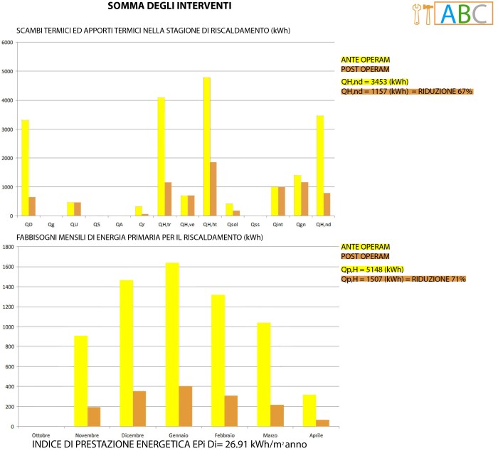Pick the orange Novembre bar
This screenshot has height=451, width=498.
click(94, 416)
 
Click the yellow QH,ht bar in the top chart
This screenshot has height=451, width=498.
click(207, 146)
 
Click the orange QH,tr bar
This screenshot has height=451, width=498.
click(168, 199)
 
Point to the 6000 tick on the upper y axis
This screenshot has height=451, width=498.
click(8, 42)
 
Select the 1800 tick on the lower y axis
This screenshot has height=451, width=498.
click(8, 248)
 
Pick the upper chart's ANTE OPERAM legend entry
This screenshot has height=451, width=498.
click(366, 59)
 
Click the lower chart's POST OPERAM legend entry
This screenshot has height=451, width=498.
click(366, 256)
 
